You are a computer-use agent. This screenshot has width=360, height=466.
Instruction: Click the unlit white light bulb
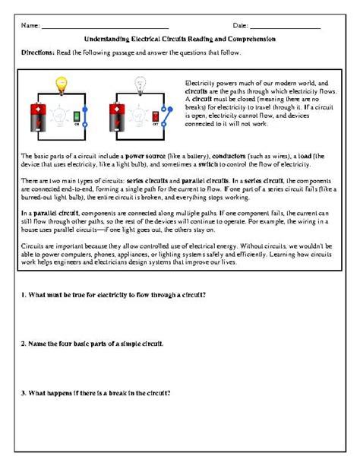point(139,84)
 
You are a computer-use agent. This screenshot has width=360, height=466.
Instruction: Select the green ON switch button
point(76,116)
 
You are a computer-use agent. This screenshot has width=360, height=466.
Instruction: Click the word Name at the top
point(30,26)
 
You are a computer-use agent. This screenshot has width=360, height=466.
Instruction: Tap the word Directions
point(37,52)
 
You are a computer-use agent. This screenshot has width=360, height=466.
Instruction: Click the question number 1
point(24,294)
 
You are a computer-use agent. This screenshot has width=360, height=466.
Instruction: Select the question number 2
point(24,344)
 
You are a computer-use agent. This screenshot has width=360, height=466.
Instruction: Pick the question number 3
point(24,393)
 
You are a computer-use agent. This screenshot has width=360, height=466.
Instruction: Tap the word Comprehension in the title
point(251,38)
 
